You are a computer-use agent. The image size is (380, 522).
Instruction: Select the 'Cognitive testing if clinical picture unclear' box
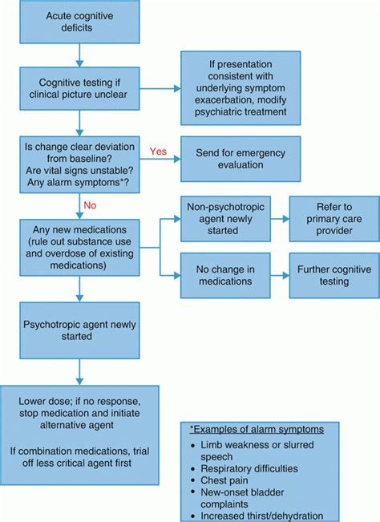tap(79, 88)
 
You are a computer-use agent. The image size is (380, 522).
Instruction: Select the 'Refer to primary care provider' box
tap(329, 217)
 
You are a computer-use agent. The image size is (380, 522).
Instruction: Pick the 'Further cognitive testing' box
tap(329, 276)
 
